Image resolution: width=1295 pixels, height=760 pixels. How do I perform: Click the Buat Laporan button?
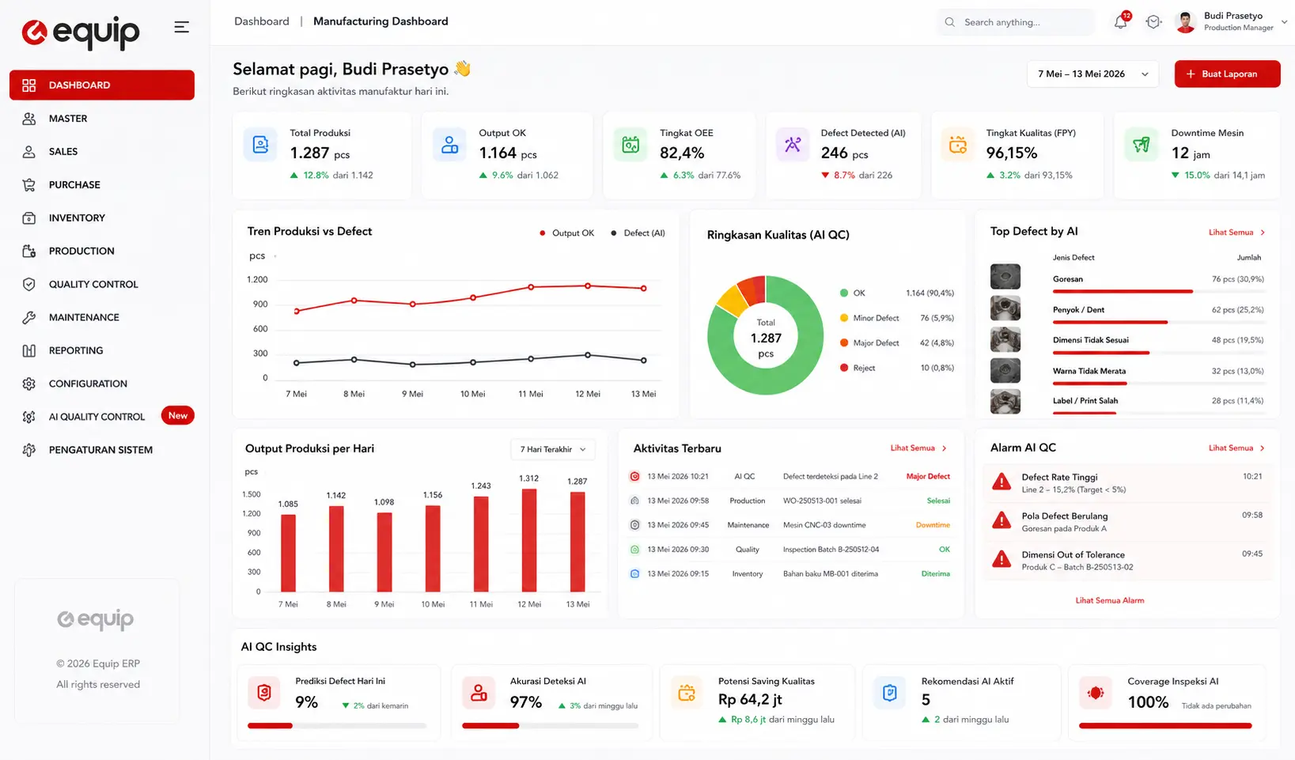coord(1227,74)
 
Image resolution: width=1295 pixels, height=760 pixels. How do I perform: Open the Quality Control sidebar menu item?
coord(93,285)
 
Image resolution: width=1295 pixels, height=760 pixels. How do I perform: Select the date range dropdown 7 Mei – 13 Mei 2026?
coord(1092,74)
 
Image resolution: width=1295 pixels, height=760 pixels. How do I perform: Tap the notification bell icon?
coord(1120,22)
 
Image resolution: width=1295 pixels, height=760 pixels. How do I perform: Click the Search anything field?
coord(1015,22)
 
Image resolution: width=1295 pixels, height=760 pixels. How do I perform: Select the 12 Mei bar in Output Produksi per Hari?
coord(529,540)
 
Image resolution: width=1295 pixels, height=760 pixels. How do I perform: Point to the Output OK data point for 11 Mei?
coord(531,287)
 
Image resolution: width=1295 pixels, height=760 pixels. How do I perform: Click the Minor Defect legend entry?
coord(869,318)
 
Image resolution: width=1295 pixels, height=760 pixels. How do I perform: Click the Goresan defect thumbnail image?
coord(1005,277)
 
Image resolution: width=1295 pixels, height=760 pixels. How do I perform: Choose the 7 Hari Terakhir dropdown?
coord(553,449)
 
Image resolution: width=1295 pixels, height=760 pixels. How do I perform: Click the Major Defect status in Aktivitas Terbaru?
coord(928,476)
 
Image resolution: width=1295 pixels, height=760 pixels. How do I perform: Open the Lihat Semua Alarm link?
coord(1109,600)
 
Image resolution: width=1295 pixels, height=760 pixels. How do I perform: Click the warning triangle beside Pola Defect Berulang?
coord(1002,520)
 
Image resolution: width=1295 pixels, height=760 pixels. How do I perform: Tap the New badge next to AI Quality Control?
coord(177,415)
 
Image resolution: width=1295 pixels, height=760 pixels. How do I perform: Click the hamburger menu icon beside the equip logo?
coord(181,27)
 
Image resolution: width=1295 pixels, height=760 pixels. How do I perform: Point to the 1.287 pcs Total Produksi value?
coord(320,153)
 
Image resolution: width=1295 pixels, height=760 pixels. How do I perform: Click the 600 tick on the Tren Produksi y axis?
coord(260,329)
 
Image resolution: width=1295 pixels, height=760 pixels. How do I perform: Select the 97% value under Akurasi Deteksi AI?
coord(525,702)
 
